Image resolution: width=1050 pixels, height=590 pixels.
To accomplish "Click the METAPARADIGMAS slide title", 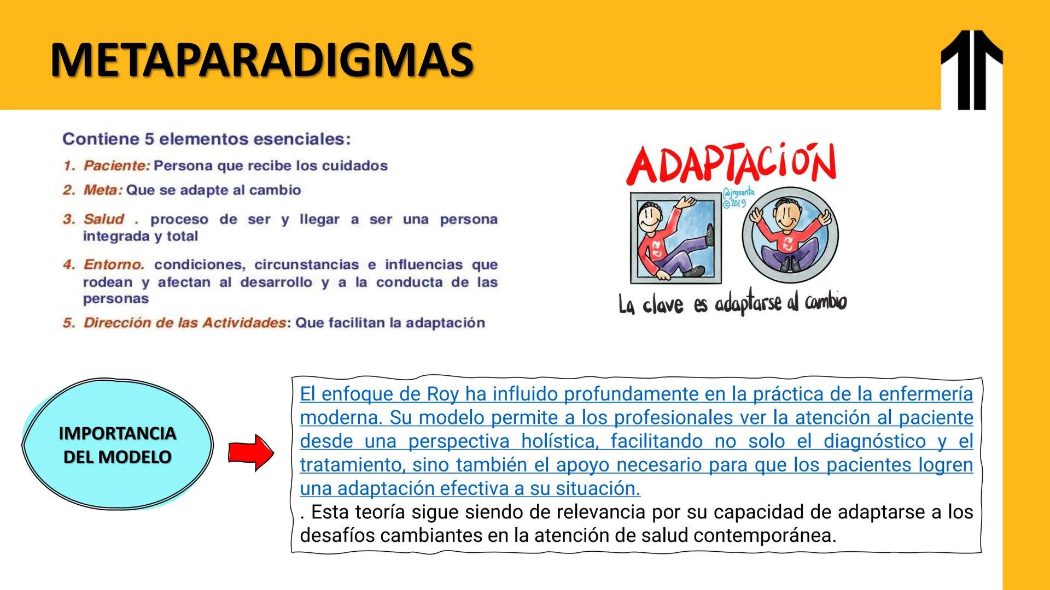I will pyautogui.click(x=261, y=60).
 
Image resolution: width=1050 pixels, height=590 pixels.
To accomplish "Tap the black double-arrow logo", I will pyautogui.click(x=971, y=69).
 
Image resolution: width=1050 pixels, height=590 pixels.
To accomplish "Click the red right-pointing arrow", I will pyautogui.click(x=251, y=453).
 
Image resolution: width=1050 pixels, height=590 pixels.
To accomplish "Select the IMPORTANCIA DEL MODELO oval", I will pyautogui.click(x=117, y=445).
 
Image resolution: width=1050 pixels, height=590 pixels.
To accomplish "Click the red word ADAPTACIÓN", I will pyautogui.click(x=731, y=163).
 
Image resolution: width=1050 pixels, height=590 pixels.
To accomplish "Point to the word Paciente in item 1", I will pyautogui.click(x=116, y=166).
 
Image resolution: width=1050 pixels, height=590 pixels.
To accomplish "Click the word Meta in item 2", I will pyautogui.click(x=102, y=190).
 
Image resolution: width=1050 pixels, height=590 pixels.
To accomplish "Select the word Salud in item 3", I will pyautogui.click(x=104, y=219).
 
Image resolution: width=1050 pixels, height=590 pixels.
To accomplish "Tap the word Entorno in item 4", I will pyautogui.click(x=113, y=265).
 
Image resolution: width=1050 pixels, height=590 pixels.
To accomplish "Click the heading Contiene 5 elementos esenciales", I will pyautogui.click(x=206, y=139).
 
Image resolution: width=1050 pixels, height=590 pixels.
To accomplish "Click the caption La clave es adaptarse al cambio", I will pyautogui.click(x=732, y=303).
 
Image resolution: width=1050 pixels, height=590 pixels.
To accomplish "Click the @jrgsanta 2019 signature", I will pyautogui.click(x=737, y=198).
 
